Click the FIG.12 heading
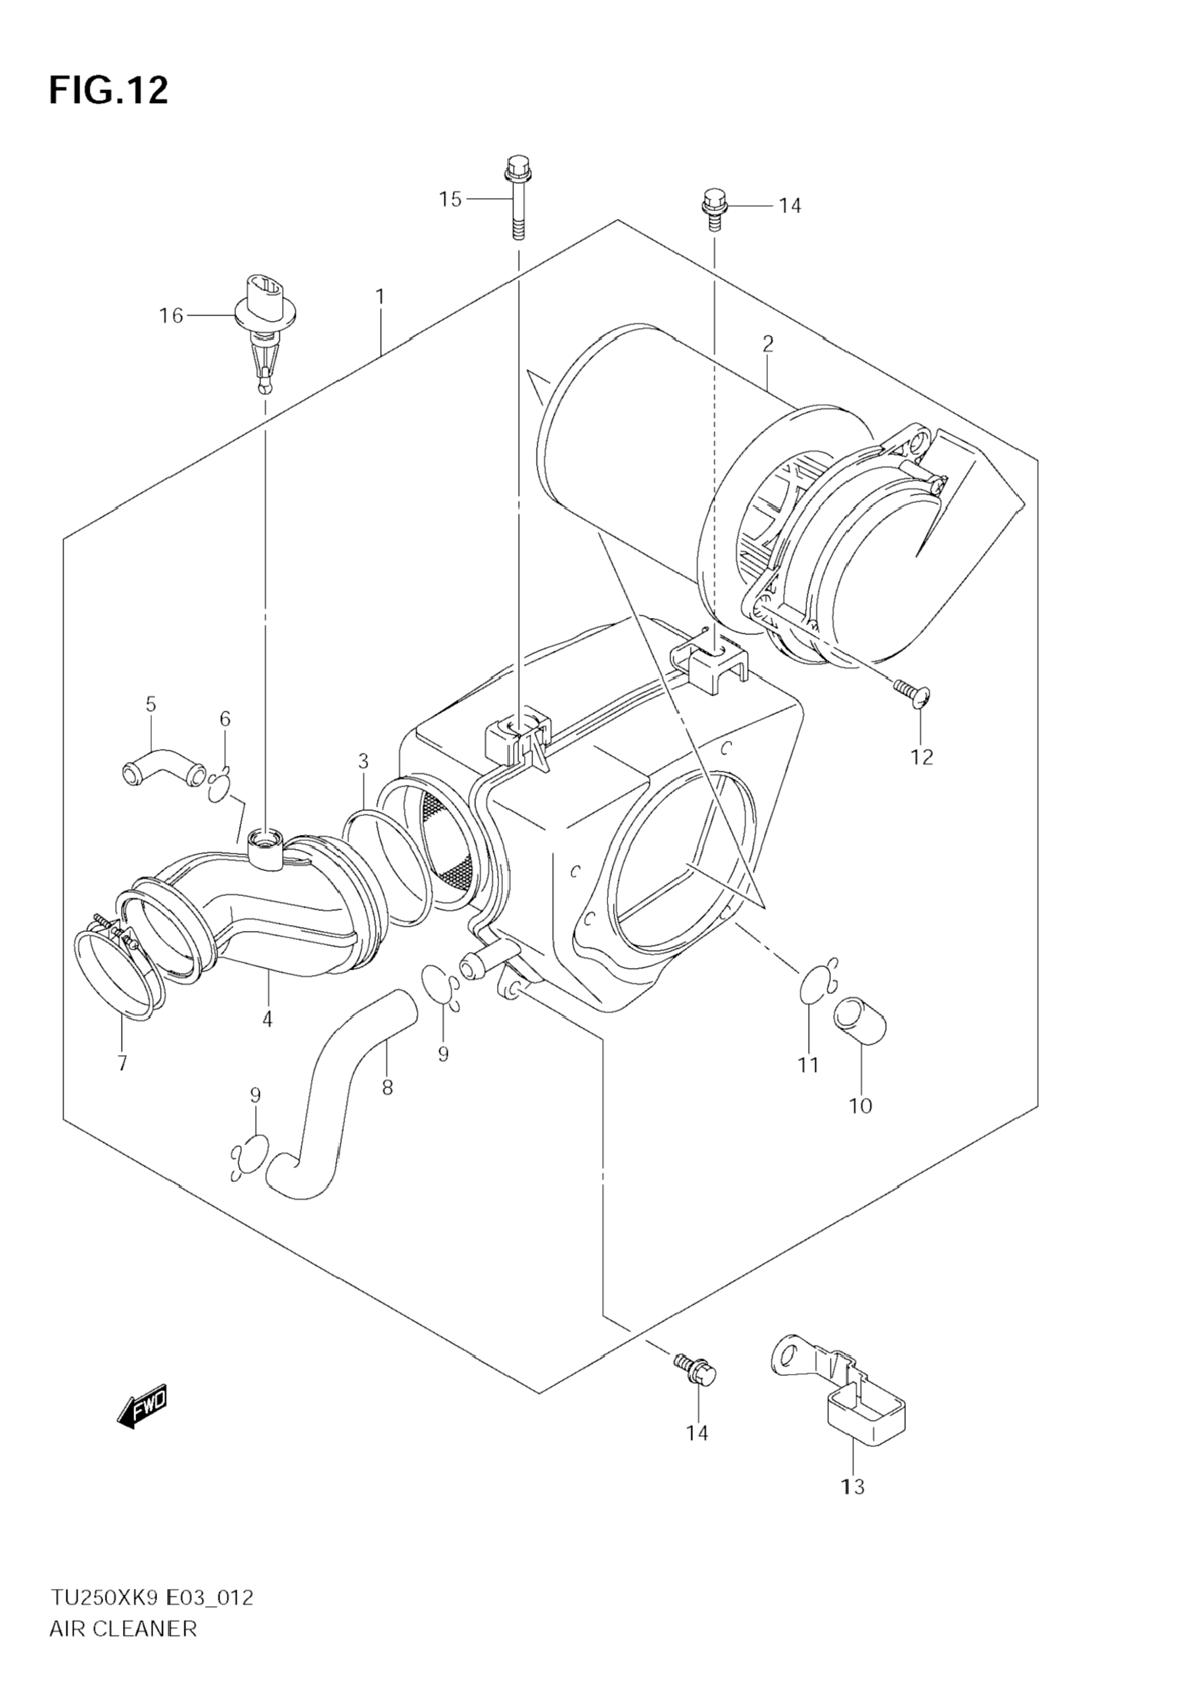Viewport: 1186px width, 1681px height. [108, 91]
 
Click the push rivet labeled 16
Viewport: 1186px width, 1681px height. [264, 322]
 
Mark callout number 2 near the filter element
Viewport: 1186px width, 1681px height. [767, 343]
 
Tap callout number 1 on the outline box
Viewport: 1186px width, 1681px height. [380, 296]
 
